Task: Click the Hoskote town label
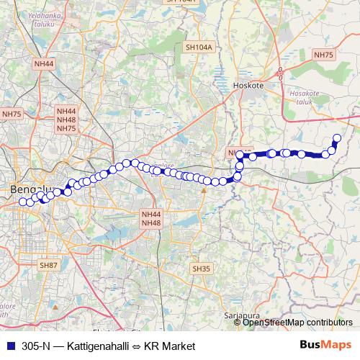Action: pos(249,84)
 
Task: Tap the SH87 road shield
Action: pos(48,265)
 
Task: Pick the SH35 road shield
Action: pos(201,269)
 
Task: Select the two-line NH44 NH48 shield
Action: pos(151,218)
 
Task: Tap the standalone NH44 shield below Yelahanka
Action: pos(43,64)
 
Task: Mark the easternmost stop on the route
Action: pos(336,138)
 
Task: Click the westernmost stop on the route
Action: pos(22,202)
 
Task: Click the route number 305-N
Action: pos(36,346)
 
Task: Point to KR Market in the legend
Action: pos(170,346)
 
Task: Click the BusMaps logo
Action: pos(325,346)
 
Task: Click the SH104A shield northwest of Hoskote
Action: pos(199,48)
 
